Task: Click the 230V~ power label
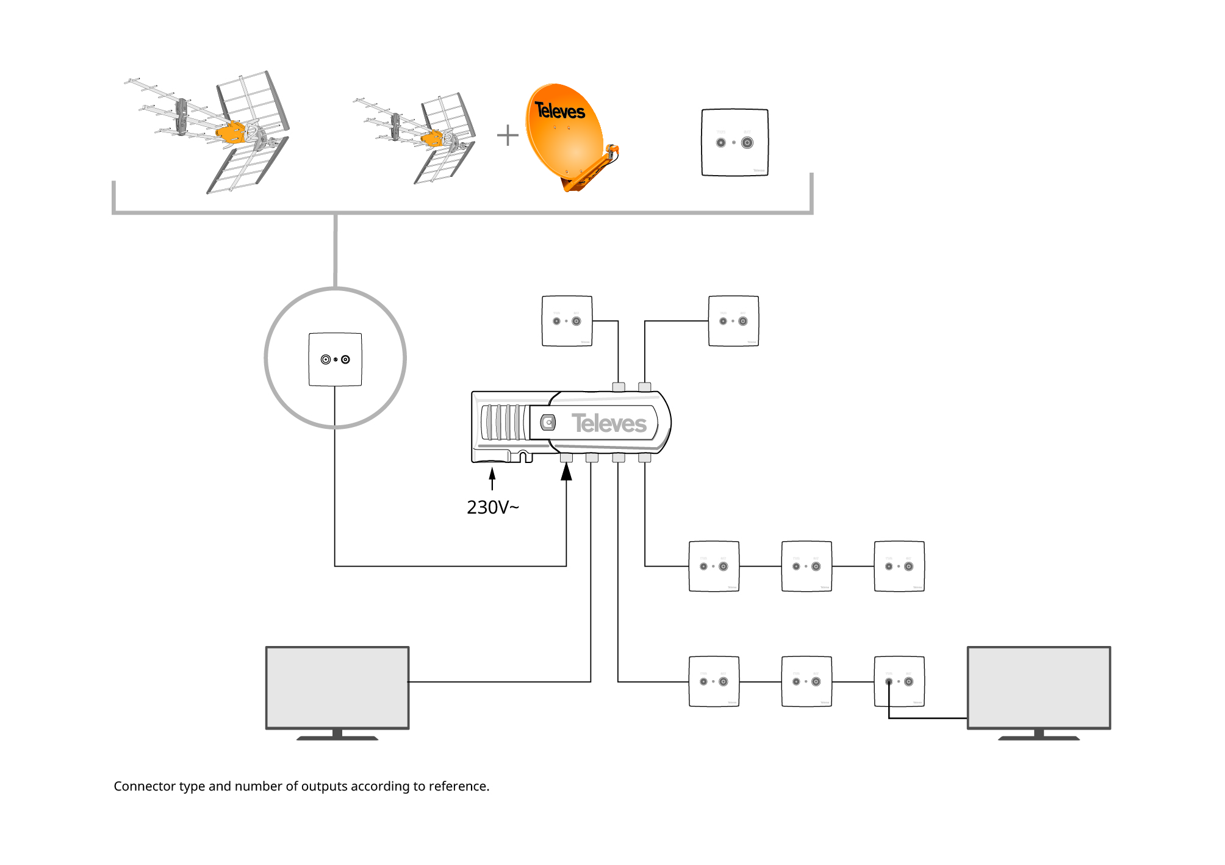(x=492, y=508)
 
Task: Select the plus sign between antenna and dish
(x=508, y=135)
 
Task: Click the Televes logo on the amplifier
(x=609, y=423)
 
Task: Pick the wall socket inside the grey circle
(x=335, y=359)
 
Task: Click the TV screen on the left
(x=337, y=687)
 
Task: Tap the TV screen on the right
(x=1038, y=687)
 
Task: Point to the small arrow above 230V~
(x=492, y=477)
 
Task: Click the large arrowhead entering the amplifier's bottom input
(x=567, y=472)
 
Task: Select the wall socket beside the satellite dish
(x=735, y=143)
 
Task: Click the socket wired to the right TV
(x=899, y=681)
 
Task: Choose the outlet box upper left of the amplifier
(x=567, y=321)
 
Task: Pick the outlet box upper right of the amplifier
(x=733, y=321)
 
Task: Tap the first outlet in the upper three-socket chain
(x=714, y=566)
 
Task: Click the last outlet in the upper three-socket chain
(x=899, y=566)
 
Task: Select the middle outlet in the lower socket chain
(x=806, y=681)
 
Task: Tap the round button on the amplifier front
(x=548, y=422)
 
